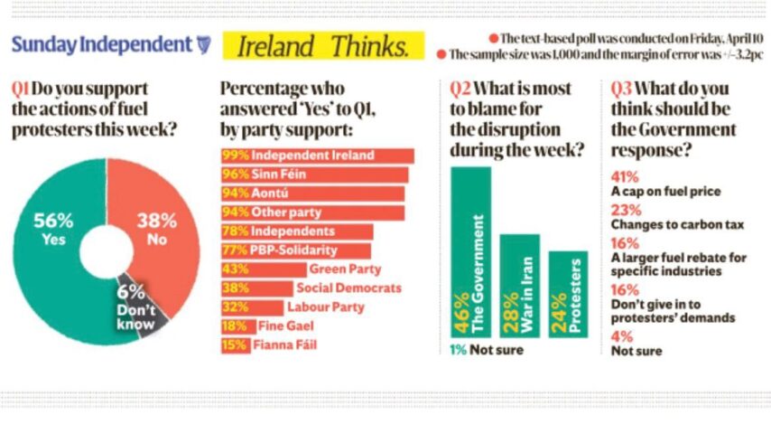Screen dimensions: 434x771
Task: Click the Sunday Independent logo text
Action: coord(101,44)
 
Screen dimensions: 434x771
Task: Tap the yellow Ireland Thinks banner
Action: coord(322,45)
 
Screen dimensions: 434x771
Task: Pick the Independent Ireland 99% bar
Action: coord(317,156)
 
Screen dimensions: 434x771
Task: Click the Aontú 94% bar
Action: coord(312,193)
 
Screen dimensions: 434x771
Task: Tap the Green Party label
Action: coord(345,269)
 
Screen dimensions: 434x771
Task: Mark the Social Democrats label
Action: coord(348,288)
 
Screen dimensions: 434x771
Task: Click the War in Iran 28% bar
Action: coord(519,285)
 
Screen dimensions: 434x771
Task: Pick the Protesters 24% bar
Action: coord(568,294)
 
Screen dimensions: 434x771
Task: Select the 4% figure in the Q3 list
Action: coord(621,336)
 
